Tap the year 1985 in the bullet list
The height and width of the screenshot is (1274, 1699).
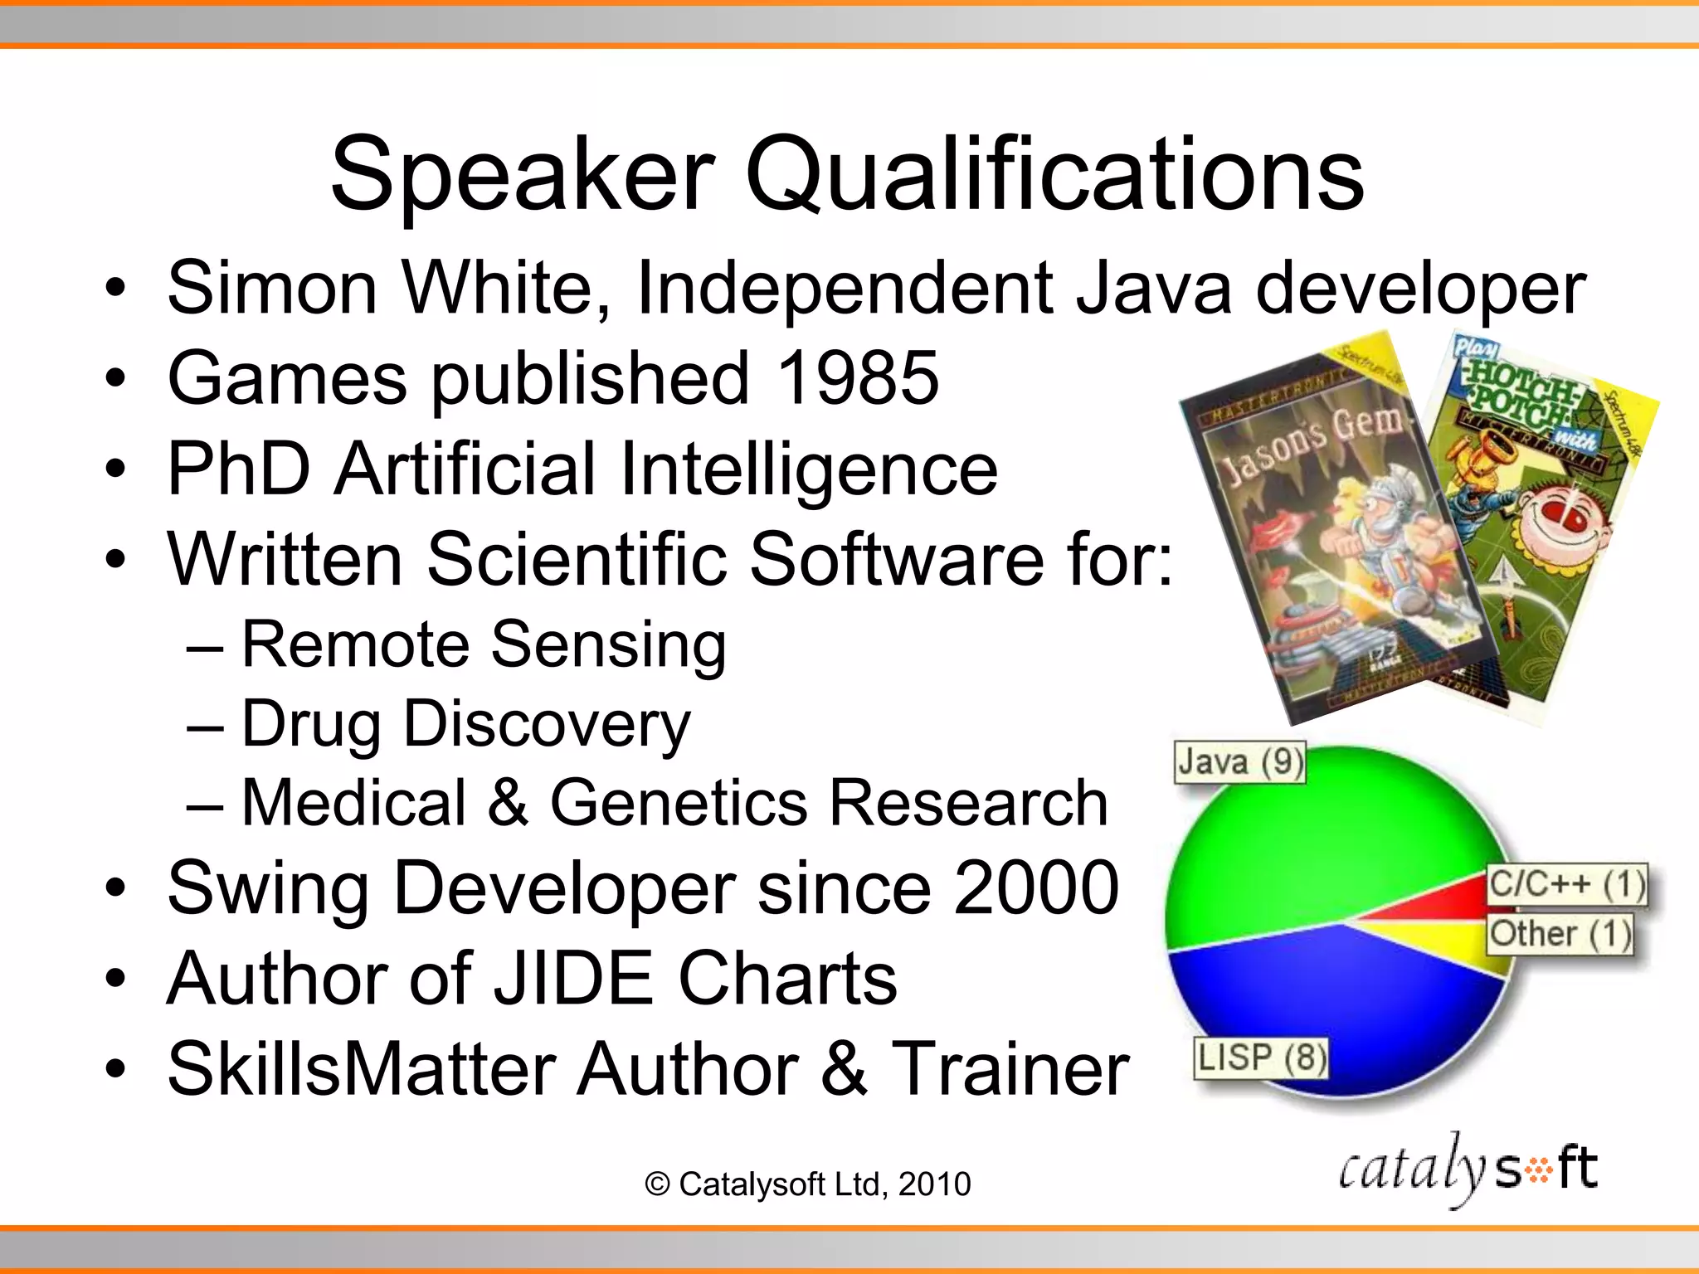[x=857, y=378]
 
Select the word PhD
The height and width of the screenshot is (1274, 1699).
[x=240, y=469]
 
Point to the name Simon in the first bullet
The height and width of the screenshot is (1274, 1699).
[x=272, y=288]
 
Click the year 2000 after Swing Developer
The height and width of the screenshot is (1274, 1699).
[x=1036, y=888]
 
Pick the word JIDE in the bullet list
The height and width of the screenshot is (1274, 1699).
[x=574, y=979]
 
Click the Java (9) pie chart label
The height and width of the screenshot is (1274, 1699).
[x=1239, y=762]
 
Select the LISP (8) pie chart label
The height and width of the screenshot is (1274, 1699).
[x=1260, y=1058]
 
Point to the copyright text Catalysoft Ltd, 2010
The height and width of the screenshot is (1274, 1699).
[x=807, y=1184]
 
